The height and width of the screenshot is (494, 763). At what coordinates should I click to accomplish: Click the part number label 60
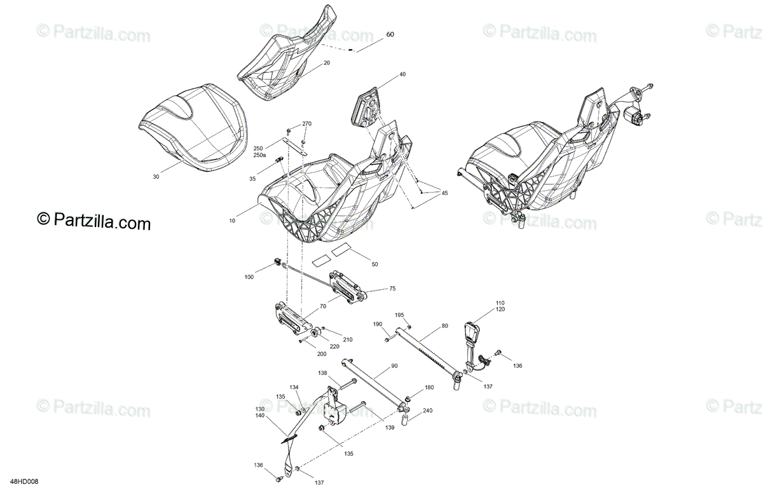(390, 34)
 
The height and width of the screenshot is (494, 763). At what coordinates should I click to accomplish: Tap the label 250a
(259, 155)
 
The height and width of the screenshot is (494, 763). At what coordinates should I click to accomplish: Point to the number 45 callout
(444, 193)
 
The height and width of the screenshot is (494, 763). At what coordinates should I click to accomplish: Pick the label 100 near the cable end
(249, 277)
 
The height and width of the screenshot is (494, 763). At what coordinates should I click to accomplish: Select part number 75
(392, 289)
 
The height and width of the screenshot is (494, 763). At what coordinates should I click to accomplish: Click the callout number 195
(399, 315)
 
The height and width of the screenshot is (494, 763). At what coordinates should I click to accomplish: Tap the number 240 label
(427, 411)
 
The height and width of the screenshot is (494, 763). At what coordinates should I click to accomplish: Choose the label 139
(390, 427)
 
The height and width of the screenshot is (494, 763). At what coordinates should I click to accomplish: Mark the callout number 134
(294, 387)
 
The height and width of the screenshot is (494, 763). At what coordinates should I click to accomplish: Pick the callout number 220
(334, 346)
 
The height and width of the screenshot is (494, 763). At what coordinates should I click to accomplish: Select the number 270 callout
(307, 123)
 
